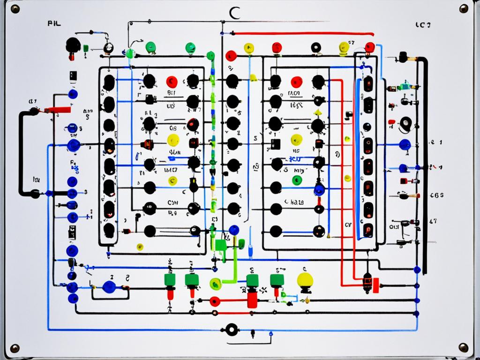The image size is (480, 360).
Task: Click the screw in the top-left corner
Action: (x=15, y=9)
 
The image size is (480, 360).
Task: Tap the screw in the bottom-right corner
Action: (x=464, y=347)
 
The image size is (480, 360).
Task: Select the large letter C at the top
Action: (x=234, y=13)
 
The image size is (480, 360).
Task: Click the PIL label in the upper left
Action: (x=54, y=22)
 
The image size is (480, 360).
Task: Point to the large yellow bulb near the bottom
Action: (x=305, y=281)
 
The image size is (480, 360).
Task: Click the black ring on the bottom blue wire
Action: (x=231, y=330)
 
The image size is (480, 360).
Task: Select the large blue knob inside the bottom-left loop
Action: (x=109, y=287)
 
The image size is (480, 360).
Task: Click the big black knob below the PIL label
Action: (x=73, y=45)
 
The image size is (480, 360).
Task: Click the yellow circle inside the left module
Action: (x=173, y=140)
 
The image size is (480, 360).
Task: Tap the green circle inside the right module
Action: (x=297, y=180)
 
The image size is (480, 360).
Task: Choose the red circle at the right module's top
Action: (x=296, y=82)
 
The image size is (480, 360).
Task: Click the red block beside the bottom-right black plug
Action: (x=375, y=284)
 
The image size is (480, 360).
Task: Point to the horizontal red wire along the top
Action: (x=305, y=34)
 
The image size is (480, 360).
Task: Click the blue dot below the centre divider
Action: (x=233, y=230)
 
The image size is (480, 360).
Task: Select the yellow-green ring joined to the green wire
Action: (x=216, y=283)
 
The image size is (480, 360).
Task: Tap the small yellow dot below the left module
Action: (x=139, y=246)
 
